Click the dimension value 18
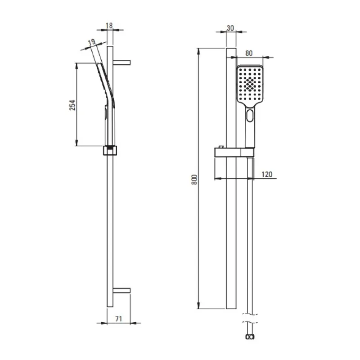coord(109,26)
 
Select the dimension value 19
coord(91,42)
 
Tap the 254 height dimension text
coord(72,105)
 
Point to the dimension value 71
coord(118,319)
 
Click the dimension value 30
coord(230,28)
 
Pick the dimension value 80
coord(249,53)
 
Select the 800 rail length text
coord(194,180)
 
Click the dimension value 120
coord(267,174)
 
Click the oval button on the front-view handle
coord(250,116)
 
